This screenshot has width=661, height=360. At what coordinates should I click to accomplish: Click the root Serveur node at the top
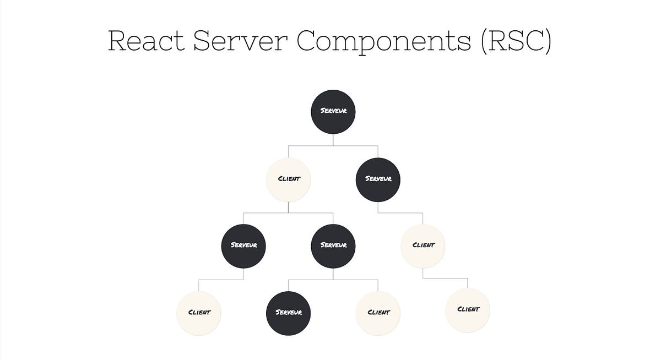[333, 112]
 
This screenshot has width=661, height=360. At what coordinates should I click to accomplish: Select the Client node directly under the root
[289, 179]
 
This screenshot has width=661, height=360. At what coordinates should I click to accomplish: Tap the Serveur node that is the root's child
[378, 179]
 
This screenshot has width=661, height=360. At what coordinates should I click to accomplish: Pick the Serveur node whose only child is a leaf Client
[243, 246]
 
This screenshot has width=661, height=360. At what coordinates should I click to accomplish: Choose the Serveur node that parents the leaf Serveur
[333, 246]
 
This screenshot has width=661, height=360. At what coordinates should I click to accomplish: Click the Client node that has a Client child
[422, 246]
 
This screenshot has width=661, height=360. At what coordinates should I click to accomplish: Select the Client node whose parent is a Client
[467, 310]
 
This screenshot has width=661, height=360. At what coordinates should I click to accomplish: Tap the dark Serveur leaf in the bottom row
[289, 313]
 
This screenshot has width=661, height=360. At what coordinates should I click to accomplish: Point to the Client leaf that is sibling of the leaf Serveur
[378, 313]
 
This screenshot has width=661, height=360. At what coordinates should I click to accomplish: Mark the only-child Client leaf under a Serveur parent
[199, 313]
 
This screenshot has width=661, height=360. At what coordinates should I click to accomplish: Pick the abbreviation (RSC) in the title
[516, 41]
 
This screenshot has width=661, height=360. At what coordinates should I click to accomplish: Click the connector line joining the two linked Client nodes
[445, 278]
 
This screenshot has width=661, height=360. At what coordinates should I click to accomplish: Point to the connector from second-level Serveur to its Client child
[400, 212]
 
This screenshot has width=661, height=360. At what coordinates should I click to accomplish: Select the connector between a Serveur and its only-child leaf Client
[221, 280]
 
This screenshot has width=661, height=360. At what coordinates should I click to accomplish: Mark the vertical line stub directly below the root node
[333, 140]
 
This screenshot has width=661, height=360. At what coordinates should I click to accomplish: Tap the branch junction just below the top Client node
[289, 212]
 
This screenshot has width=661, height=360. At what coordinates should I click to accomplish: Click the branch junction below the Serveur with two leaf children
[333, 280]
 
